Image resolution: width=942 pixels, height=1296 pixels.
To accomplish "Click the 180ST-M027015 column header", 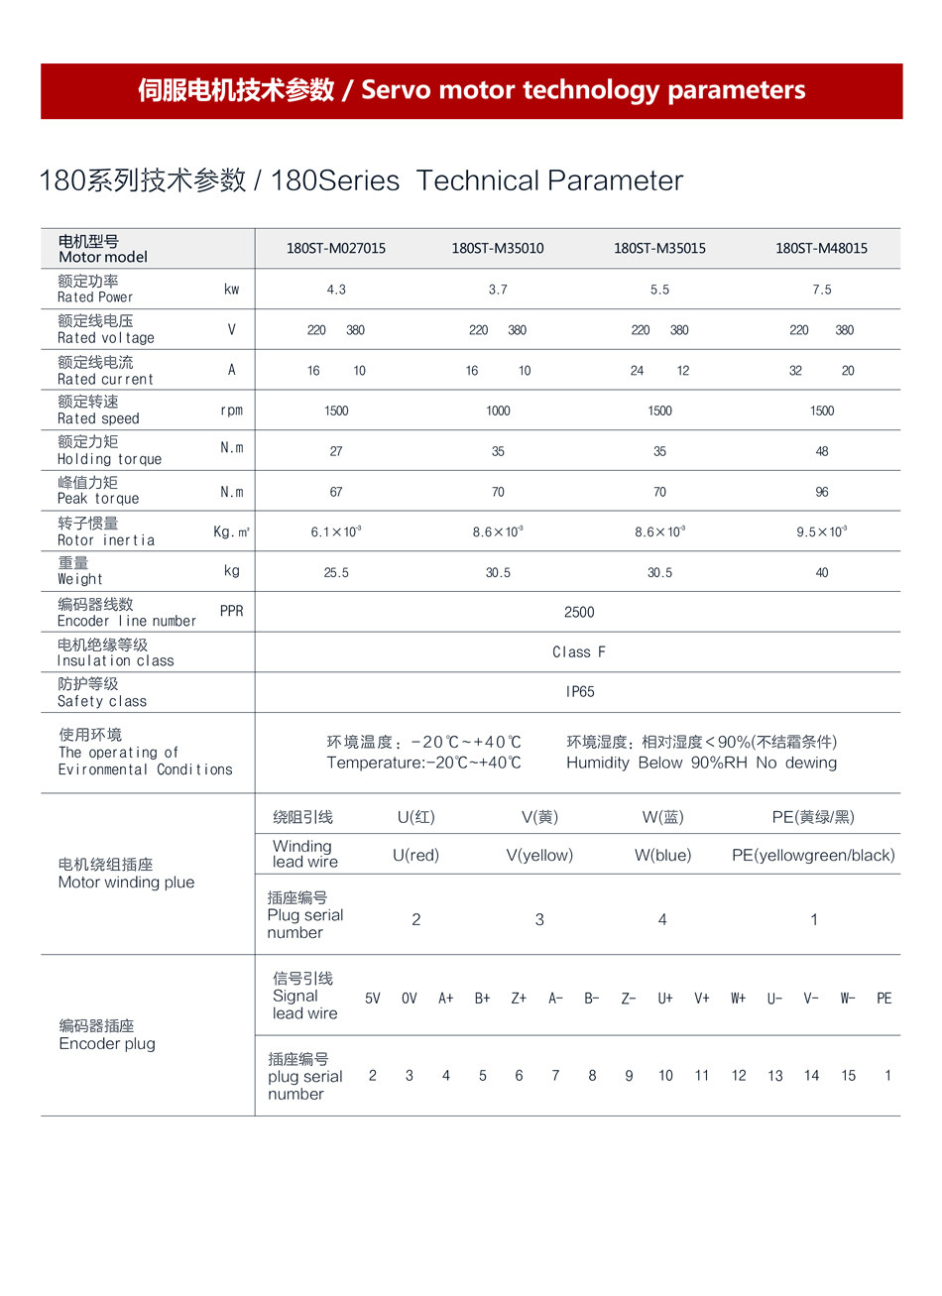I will point(336,248).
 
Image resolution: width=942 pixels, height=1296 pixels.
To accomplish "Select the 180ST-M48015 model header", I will point(821,248).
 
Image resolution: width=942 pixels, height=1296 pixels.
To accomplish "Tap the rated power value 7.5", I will point(822,290).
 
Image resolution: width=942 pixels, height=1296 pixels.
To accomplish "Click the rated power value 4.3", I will point(336,290).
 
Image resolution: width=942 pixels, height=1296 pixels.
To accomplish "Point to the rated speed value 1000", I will point(498,411).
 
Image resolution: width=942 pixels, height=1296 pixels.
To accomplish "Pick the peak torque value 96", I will point(822,492).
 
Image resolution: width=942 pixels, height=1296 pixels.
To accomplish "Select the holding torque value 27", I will point(336,451).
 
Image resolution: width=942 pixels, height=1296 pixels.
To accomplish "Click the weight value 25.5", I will point(336,572).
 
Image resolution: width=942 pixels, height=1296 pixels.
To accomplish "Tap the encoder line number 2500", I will point(579,612).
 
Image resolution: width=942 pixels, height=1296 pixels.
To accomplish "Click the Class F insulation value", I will point(579,651).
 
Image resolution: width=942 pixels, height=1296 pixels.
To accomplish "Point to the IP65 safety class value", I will point(580,691).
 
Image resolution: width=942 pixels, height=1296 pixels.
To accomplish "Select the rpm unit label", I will point(231,411).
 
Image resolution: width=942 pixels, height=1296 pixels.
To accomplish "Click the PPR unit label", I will point(231,611).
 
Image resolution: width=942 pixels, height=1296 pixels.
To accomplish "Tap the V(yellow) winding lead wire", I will point(539,855).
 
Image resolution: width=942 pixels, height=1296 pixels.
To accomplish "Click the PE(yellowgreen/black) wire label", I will point(813,855).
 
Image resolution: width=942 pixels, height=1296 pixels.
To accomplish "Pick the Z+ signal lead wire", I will point(519,999).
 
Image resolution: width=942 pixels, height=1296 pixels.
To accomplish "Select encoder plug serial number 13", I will point(775,1076).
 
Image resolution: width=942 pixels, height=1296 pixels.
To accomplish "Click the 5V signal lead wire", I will point(373,999).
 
